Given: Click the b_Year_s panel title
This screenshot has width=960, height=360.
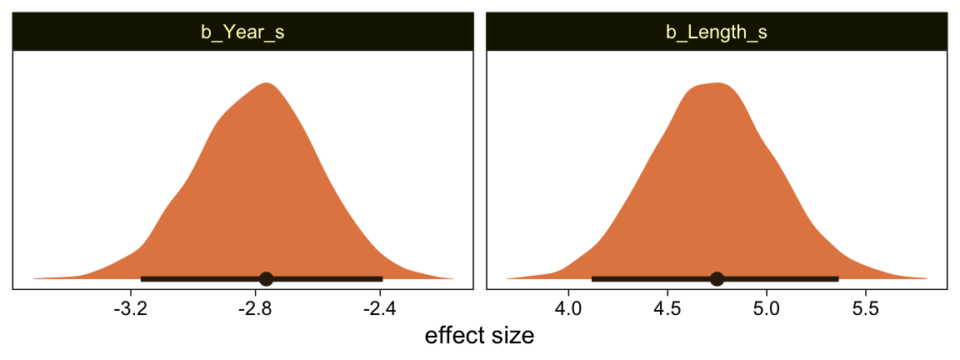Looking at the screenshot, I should tap(243, 33).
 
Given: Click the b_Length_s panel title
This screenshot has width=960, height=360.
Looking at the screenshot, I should tap(717, 33).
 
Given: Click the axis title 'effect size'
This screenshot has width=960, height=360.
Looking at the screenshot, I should tap(479, 337).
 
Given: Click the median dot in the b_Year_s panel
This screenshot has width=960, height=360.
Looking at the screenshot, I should tap(266, 278).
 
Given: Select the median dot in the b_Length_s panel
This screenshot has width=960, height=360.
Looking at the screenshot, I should tap(717, 278).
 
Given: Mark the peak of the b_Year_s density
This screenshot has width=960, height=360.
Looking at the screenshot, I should tap(267, 83).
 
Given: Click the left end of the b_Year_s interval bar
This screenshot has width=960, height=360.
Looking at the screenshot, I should tap(142, 278).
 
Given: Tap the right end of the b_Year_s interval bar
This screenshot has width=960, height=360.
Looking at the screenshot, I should tap(382, 278).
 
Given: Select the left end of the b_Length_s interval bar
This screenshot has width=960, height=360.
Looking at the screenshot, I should tap(592, 278).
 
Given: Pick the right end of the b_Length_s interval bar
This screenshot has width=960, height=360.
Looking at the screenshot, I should tap(837, 278).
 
